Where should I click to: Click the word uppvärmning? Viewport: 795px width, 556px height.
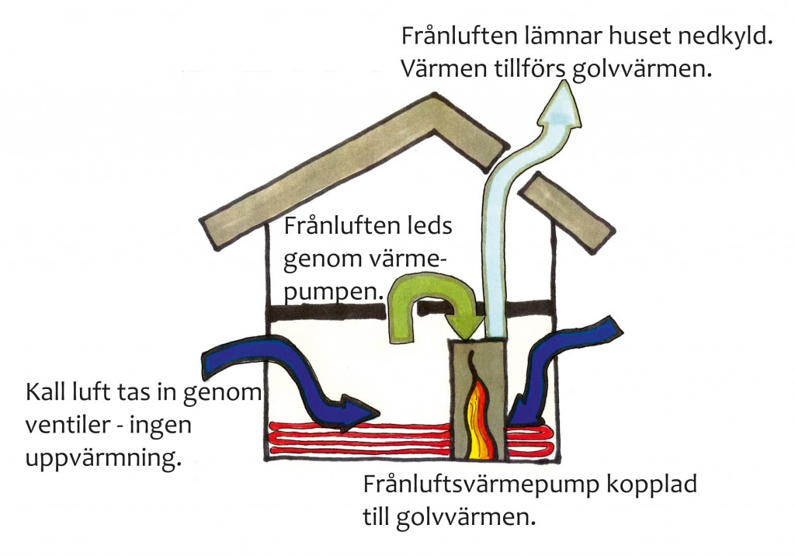click(x=102, y=457)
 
